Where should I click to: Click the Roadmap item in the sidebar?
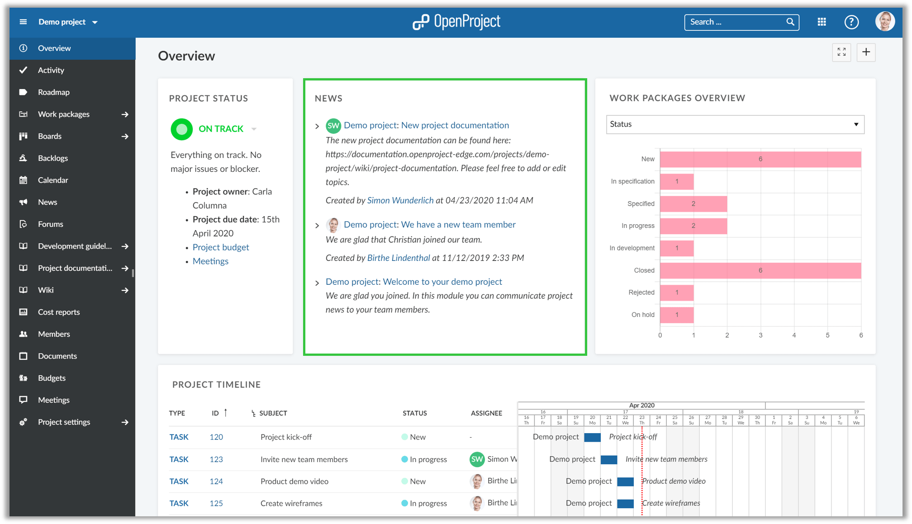pyautogui.click(x=53, y=92)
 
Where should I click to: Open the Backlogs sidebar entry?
pyautogui.click(x=52, y=158)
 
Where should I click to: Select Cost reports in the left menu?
pyautogui.click(x=58, y=312)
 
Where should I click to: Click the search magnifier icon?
pyautogui.click(x=790, y=22)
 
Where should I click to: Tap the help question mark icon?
pyautogui.click(x=851, y=22)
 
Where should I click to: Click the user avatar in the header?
pyautogui.click(x=884, y=21)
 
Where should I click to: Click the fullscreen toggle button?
pyautogui.click(x=841, y=52)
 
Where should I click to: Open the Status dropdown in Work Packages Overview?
pyautogui.click(x=735, y=124)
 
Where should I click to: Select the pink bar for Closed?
pyautogui.click(x=760, y=270)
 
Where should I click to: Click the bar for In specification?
pyautogui.click(x=676, y=181)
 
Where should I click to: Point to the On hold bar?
pyautogui.click(x=676, y=315)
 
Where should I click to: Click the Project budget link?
pyautogui.click(x=221, y=247)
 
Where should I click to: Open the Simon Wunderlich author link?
pyautogui.click(x=400, y=200)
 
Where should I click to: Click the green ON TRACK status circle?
pyautogui.click(x=181, y=129)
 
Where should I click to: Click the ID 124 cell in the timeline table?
pyautogui.click(x=216, y=481)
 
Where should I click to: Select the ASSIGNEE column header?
pyautogui.click(x=486, y=413)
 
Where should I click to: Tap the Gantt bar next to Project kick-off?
pyautogui.click(x=592, y=437)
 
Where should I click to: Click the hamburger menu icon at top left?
pyautogui.click(x=23, y=22)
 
